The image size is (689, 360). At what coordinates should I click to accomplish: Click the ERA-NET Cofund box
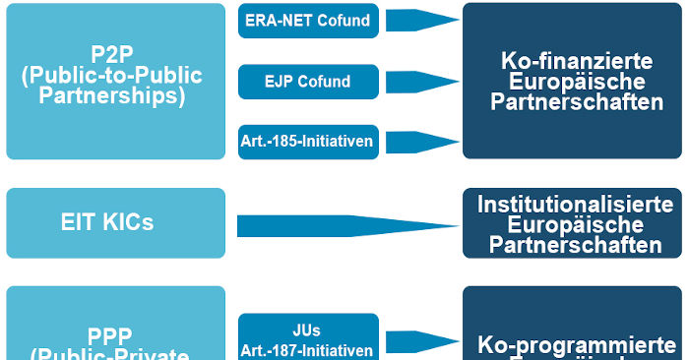[308, 21]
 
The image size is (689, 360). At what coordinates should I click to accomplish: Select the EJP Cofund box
[308, 82]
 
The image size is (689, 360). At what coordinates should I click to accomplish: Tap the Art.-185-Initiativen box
[308, 142]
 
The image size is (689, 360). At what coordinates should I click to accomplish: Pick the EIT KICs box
[116, 223]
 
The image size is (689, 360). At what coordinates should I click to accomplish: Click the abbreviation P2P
[115, 55]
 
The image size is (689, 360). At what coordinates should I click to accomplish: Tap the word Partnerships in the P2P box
[115, 96]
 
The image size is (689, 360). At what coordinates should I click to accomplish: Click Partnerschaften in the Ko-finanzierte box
[576, 102]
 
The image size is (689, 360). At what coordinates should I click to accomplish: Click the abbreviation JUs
[308, 330]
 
